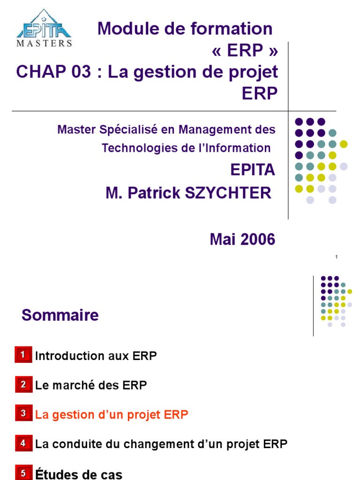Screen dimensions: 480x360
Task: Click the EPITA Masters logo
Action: (45, 28)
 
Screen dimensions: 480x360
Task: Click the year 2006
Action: (258, 240)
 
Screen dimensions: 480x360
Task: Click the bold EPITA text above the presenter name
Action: (253, 170)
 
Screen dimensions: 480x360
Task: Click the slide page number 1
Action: (337, 257)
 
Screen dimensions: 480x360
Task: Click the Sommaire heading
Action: (60, 315)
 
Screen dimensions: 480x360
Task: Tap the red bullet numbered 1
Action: (22, 355)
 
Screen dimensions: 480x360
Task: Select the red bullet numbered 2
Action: (22, 385)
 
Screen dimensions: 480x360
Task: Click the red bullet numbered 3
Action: (22, 414)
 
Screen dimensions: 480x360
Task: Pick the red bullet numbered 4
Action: (22, 443)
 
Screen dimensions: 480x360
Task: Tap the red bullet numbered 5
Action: (22, 472)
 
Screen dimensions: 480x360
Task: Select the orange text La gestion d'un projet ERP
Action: (112, 415)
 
